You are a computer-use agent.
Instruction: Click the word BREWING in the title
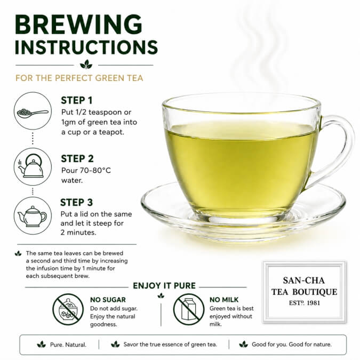click(78, 25)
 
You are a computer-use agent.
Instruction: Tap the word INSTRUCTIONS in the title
click(86, 47)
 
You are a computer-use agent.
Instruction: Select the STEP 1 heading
click(77, 100)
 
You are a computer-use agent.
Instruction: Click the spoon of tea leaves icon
click(33, 113)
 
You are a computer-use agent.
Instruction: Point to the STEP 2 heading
click(77, 158)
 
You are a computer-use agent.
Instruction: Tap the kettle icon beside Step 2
click(31, 166)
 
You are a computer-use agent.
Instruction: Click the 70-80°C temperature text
click(95, 170)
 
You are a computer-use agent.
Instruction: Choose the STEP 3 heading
click(76, 202)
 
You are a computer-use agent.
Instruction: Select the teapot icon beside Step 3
click(32, 217)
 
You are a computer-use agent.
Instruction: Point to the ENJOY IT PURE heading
click(164, 286)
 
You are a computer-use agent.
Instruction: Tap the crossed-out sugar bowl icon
click(68, 309)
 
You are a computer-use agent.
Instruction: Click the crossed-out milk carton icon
click(188, 309)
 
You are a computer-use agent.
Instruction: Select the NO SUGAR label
click(108, 300)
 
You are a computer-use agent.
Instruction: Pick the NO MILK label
click(224, 300)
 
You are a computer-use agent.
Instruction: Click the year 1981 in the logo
click(314, 303)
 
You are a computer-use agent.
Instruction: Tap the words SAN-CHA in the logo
click(304, 281)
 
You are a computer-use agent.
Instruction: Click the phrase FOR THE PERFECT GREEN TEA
click(79, 78)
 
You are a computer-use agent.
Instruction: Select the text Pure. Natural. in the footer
click(68, 345)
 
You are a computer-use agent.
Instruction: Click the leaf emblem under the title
click(86, 65)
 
